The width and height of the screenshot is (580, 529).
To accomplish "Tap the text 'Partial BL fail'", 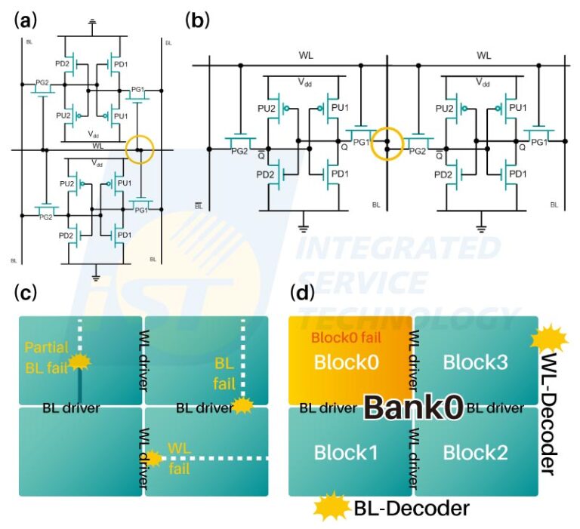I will (48, 357).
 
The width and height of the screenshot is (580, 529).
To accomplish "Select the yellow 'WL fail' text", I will (178, 455).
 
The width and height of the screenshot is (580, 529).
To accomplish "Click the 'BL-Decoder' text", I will (412, 509).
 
